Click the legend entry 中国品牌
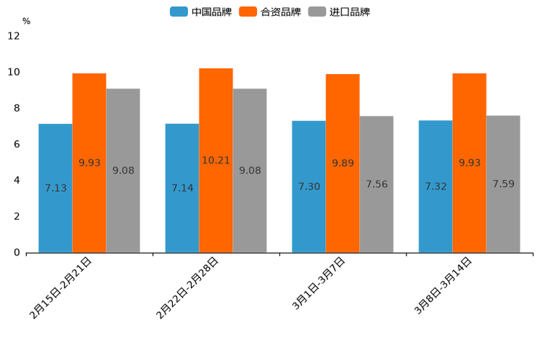[202, 12]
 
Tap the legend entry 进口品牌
[340, 12]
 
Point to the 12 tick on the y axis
[14, 36]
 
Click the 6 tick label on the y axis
[17, 144]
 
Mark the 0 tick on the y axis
[17, 253]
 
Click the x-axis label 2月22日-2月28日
[187, 288]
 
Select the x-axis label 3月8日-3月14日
[442, 285]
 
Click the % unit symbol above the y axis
[26, 21]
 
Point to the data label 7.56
[377, 184]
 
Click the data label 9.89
[343, 163]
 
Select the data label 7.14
[182, 188]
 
